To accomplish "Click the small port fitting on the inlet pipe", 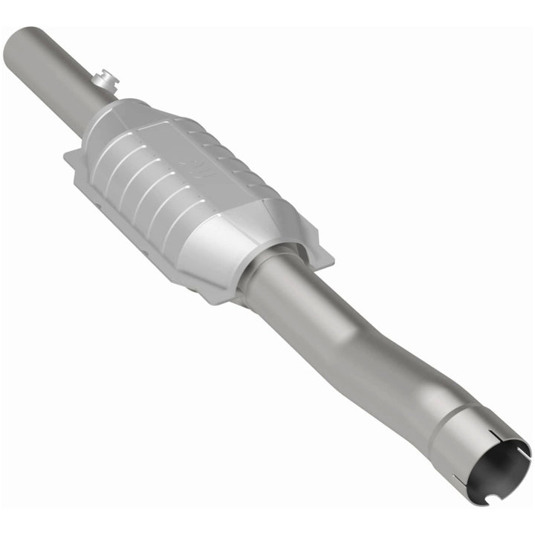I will [x=106, y=78].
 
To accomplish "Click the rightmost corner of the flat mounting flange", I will [x=330, y=260].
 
